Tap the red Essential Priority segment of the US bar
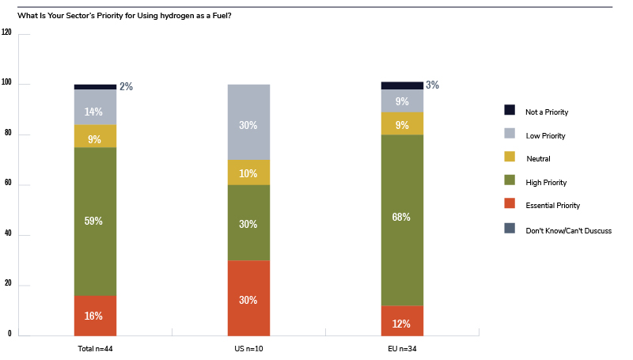point(248,298)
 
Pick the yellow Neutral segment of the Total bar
point(96,136)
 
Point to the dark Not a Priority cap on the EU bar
point(402,85)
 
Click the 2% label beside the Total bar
point(126,87)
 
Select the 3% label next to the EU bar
point(432,85)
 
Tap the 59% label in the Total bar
point(96,221)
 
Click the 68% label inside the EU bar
point(402,216)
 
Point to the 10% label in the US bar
point(248,173)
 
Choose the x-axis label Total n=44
point(96,347)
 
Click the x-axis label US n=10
point(248,347)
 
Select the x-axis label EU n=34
point(402,347)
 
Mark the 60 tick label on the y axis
point(8,184)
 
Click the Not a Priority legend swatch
point(510,110)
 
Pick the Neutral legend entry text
point(539,159)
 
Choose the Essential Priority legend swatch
point(510,205)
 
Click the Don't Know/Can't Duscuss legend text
point(568,229)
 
